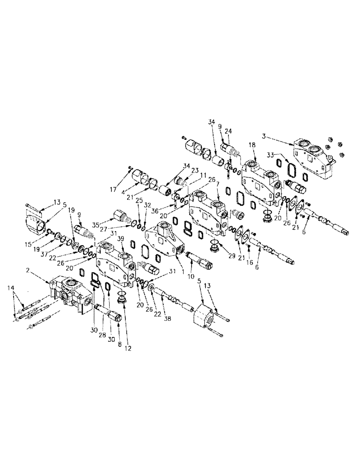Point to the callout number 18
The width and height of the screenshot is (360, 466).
coord(252,146)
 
